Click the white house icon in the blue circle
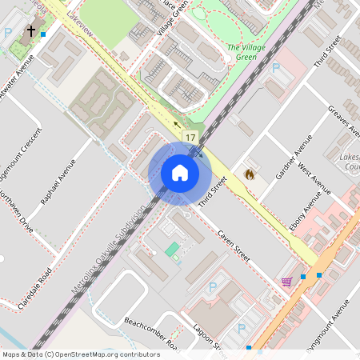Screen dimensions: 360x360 180,173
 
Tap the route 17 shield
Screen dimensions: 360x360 190,138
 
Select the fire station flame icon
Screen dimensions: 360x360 249,173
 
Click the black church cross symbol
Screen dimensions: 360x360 31,31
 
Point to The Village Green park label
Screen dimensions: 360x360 246,53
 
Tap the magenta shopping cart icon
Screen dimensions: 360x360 286,282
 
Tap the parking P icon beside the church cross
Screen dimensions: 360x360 8,34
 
